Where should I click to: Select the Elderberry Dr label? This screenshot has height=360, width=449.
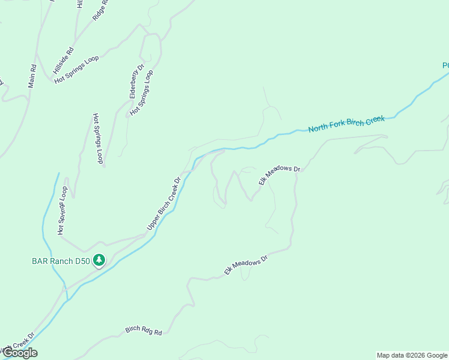point(133,82)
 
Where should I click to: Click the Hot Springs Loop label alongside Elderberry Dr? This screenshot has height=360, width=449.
point(142,92)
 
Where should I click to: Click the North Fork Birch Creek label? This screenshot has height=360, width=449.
point(346,124)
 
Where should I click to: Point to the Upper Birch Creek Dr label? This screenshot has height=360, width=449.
point(164,203)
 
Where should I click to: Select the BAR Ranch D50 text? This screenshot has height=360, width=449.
point(60,261)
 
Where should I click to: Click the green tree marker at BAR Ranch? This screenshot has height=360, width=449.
point(100,260)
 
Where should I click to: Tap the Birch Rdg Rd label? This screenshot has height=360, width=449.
point(144,330)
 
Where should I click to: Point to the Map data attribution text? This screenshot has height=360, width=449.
point(411,355)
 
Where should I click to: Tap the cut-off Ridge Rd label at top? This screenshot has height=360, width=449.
point(100,10)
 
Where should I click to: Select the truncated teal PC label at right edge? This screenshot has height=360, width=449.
point(445,65)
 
